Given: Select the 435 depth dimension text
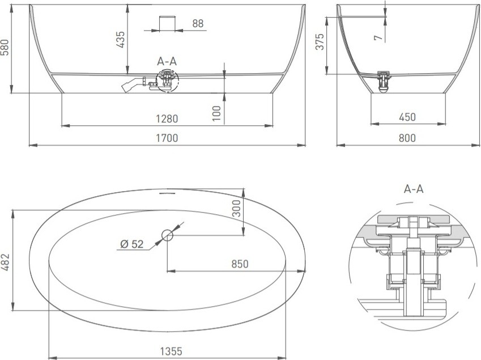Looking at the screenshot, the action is tap(120, 39).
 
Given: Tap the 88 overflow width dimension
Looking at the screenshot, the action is tap(198, 23).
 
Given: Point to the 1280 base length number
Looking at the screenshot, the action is tap(167, 118).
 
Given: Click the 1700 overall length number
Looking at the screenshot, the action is tap(167, 138).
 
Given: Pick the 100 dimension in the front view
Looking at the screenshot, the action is tap(216, 113).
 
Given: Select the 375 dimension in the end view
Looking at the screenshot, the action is tap(320, 41).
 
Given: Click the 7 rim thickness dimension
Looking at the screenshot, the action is tap(378, 37).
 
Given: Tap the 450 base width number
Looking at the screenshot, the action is tap(407, 117).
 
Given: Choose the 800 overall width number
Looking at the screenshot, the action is tap(407, 138).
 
